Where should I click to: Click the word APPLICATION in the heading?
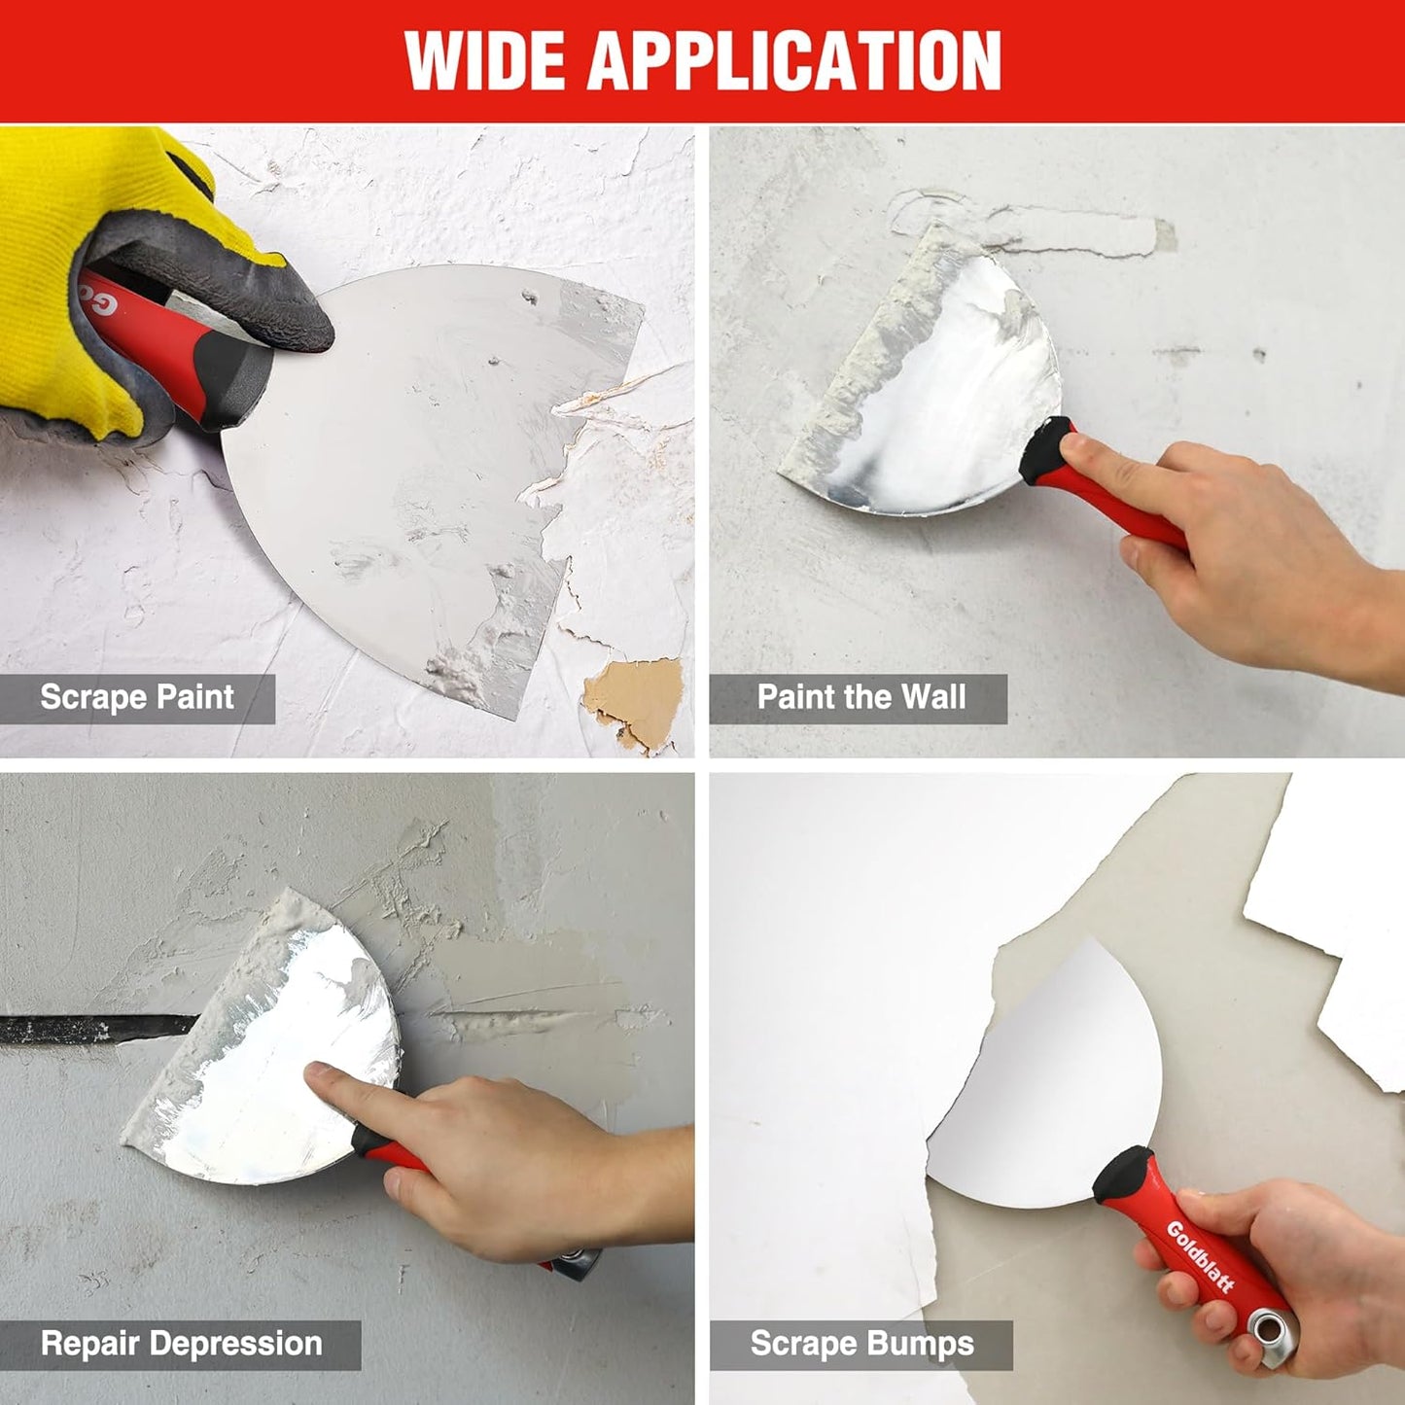coord(794,60)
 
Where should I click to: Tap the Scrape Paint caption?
coord(137,697)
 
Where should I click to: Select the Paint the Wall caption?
coord(861,697)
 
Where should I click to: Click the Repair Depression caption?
coord(181,1344)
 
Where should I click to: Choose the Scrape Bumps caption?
coord(861,1344)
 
